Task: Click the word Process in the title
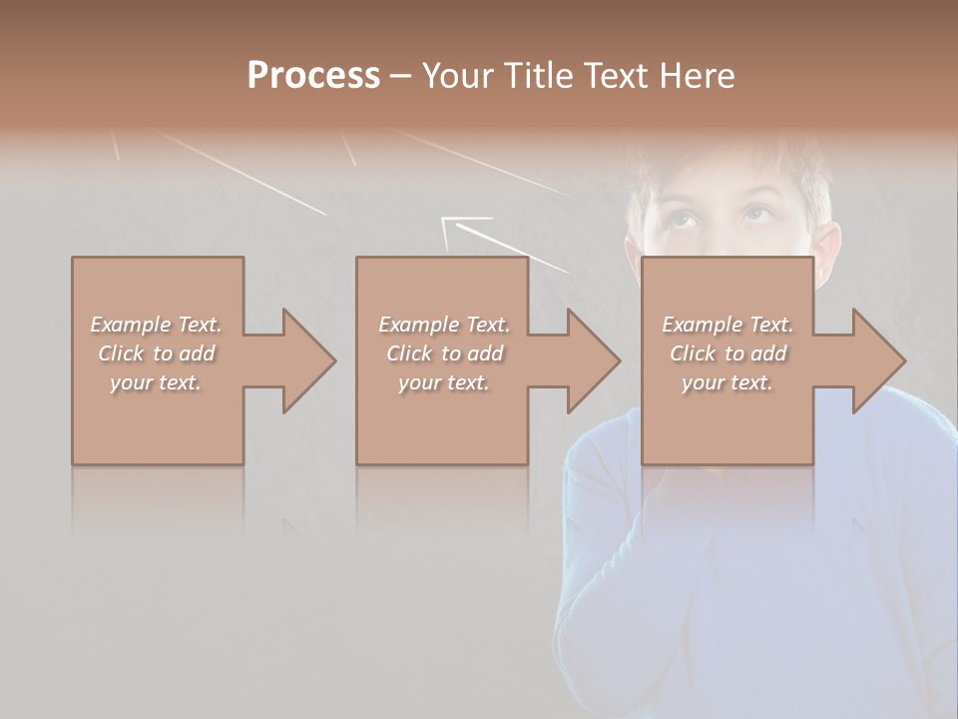pos(313,76)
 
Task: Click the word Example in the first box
pos(130,325)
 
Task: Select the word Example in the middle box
pos(418,325)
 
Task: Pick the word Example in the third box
pos(702,325)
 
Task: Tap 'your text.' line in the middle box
pos(443,382)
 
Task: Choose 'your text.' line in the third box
pos(726,382)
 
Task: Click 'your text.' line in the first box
pos(155,382)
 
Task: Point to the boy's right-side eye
pos(756,214)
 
